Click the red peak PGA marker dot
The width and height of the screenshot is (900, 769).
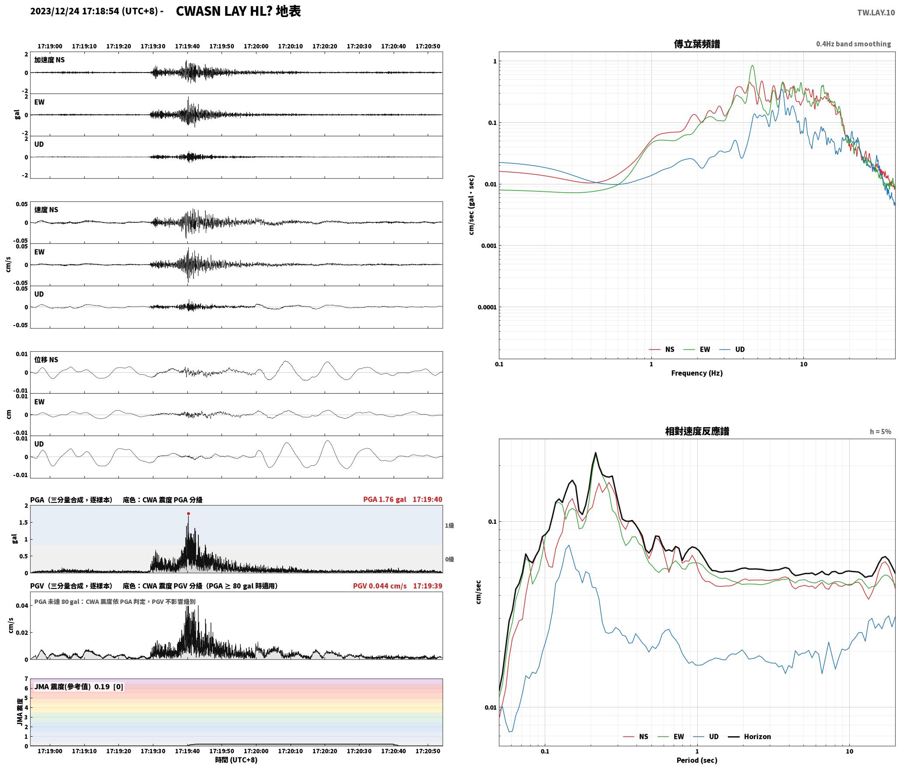188,514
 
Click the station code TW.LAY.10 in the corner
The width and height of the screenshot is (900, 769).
876,13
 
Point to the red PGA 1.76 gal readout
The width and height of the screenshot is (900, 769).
384,499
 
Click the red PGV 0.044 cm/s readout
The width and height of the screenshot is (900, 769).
380,586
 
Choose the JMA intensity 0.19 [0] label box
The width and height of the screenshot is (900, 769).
79,687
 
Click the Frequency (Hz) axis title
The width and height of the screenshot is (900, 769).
697,373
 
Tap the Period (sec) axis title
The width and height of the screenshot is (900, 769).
697,760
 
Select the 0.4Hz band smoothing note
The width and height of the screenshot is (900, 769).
853,44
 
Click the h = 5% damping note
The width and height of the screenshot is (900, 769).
880,432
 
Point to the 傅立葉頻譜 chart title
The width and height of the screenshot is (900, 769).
697,44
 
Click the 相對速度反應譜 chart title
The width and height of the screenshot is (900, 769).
697,431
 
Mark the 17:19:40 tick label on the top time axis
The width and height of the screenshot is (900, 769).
187,46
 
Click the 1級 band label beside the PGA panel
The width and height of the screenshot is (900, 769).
450,526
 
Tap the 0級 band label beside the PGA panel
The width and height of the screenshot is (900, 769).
450,559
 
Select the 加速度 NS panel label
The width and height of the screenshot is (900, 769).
49,60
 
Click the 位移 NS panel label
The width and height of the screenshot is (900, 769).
46,360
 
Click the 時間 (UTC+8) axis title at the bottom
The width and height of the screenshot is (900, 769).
236,760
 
